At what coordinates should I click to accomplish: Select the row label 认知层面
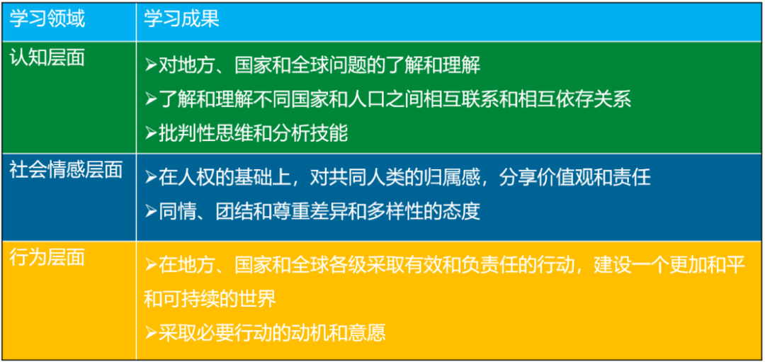click(47, 57)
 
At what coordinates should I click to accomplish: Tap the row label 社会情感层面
click(66, 169)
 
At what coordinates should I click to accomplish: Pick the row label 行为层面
click(47, 257)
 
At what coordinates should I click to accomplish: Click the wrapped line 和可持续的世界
click(210, 298)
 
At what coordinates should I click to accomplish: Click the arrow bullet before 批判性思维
click(150, 132)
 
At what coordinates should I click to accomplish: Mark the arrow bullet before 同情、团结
click(150, 211)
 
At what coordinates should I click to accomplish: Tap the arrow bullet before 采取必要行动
click(150, 332)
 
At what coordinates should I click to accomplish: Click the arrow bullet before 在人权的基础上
click(150, 177)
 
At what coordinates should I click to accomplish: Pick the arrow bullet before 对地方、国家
click(150, 65)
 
